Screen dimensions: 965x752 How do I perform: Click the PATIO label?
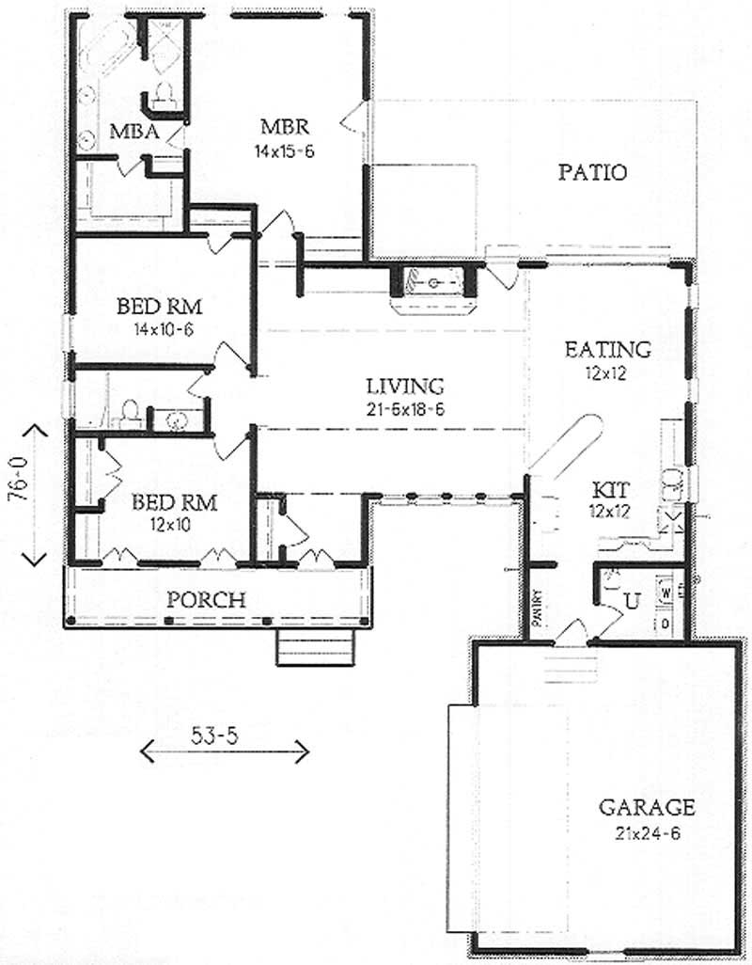click(x=592, y=173)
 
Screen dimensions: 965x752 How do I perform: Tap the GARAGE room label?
click(x=648, y=807)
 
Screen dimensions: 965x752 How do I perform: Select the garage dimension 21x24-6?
click(x=648, y=832)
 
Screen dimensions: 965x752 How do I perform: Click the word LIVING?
click(x=404, y=386)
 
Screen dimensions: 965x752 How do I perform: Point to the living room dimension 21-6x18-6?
click(x=404, y=409)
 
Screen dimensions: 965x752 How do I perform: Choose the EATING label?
click(x=607, y=350)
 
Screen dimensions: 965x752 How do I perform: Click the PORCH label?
click(x=206, y=599)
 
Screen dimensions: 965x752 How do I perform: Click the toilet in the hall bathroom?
click(x=130, y=414)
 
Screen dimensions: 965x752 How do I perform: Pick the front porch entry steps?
click(x=316, y=647)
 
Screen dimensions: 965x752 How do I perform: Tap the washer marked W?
click(x=666, y=593)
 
